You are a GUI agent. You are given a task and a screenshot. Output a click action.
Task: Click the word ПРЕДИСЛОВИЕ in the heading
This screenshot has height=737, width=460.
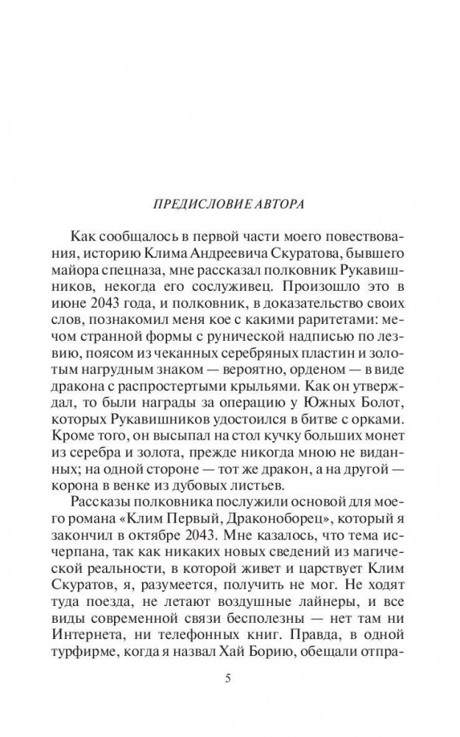[191, 201]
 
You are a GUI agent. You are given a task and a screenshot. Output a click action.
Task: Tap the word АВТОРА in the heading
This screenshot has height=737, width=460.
[274, 201]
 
